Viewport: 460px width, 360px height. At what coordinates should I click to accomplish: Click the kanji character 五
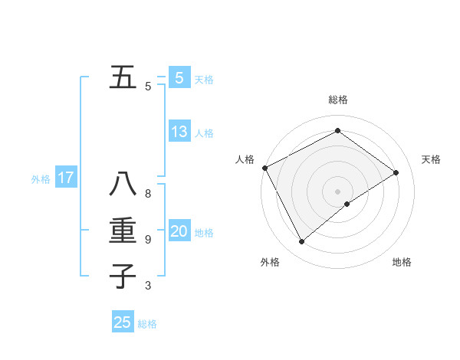(123, 78)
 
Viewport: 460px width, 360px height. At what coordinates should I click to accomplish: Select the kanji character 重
(123, 231)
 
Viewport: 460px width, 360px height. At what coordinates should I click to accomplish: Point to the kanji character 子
(123, 276)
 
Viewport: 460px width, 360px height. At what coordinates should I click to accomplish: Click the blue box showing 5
(179, 78)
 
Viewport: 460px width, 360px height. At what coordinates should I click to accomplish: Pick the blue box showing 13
(179, 132)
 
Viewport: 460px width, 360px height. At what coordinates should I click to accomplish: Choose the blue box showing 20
(179, 231)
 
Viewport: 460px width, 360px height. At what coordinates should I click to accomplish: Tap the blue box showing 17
(66, 178)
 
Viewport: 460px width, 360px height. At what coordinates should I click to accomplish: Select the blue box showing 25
(123, 322)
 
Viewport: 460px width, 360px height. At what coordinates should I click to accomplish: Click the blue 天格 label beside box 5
(204, 80)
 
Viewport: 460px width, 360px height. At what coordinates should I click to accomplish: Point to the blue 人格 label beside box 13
(204, 133)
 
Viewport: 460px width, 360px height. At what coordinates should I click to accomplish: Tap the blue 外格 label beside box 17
(41, 180)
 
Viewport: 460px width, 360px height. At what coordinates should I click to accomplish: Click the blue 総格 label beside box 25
(147, 324)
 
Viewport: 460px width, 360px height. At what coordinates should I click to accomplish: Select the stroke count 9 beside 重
(148, 240)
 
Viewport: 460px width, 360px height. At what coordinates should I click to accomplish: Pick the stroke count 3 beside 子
(148, 286)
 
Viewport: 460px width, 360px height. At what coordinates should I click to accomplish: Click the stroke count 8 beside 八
(148, 194)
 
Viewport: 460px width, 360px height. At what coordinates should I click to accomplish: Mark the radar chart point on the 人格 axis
(264, 168)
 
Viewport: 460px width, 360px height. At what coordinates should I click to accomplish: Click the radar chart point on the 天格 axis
(396, 172)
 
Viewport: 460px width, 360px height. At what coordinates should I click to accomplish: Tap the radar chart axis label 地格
(402, 263)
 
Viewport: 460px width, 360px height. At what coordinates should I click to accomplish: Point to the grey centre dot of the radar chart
(337, 191)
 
